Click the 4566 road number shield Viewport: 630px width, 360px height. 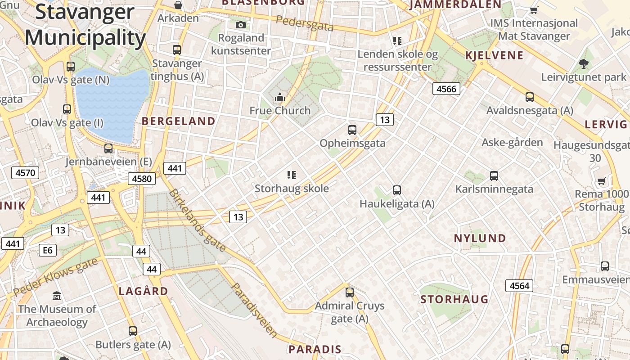point(446,89)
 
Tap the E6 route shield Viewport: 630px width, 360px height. point(47,250)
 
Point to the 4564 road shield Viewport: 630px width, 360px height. point(520,285)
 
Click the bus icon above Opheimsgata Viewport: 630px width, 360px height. point(352,130)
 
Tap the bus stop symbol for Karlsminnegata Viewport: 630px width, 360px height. point(494,176)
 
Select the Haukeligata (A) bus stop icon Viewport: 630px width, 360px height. point(396,190)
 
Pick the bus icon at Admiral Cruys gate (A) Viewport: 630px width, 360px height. point(350,292)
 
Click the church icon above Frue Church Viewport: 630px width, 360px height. point(280,97)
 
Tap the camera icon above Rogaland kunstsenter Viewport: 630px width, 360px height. point(241,25)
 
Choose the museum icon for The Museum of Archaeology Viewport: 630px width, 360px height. point(57,296)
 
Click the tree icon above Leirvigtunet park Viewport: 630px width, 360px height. point(584,64)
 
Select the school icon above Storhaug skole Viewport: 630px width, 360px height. point(292,175)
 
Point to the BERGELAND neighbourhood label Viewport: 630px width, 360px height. point(179,121)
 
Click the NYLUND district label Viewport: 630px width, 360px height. point(480,238)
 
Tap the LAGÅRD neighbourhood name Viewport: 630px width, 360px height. point(143,291)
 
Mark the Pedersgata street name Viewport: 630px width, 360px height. point(305,23)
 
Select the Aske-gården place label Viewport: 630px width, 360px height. point(512,143)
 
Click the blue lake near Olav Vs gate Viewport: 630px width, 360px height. point(111,103)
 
